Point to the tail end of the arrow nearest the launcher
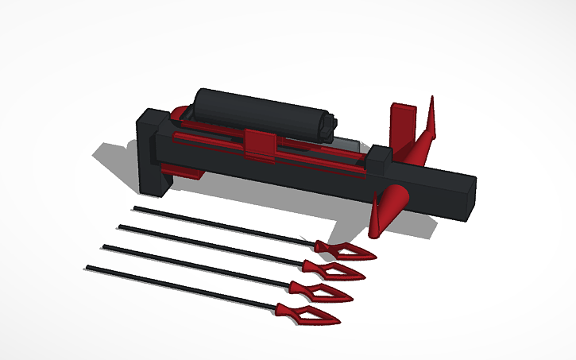click(x=135, y=208)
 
